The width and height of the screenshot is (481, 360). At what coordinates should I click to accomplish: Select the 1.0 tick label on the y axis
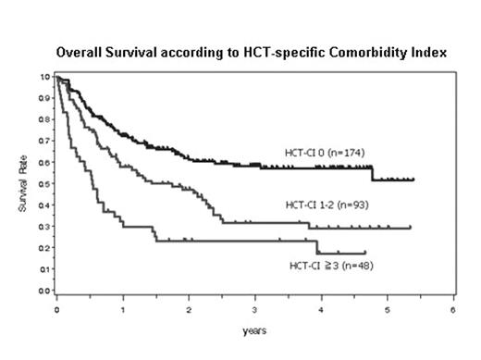(46, 76)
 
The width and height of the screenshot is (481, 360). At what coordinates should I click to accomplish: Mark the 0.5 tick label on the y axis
(46, 183)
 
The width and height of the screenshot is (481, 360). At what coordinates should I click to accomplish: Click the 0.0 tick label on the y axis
(46, 291)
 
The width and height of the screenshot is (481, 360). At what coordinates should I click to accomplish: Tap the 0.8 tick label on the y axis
(46, 118)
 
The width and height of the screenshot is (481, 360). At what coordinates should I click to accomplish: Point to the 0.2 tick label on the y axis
(46, 248)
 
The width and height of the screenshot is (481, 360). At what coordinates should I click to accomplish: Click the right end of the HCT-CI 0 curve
(413, 180)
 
